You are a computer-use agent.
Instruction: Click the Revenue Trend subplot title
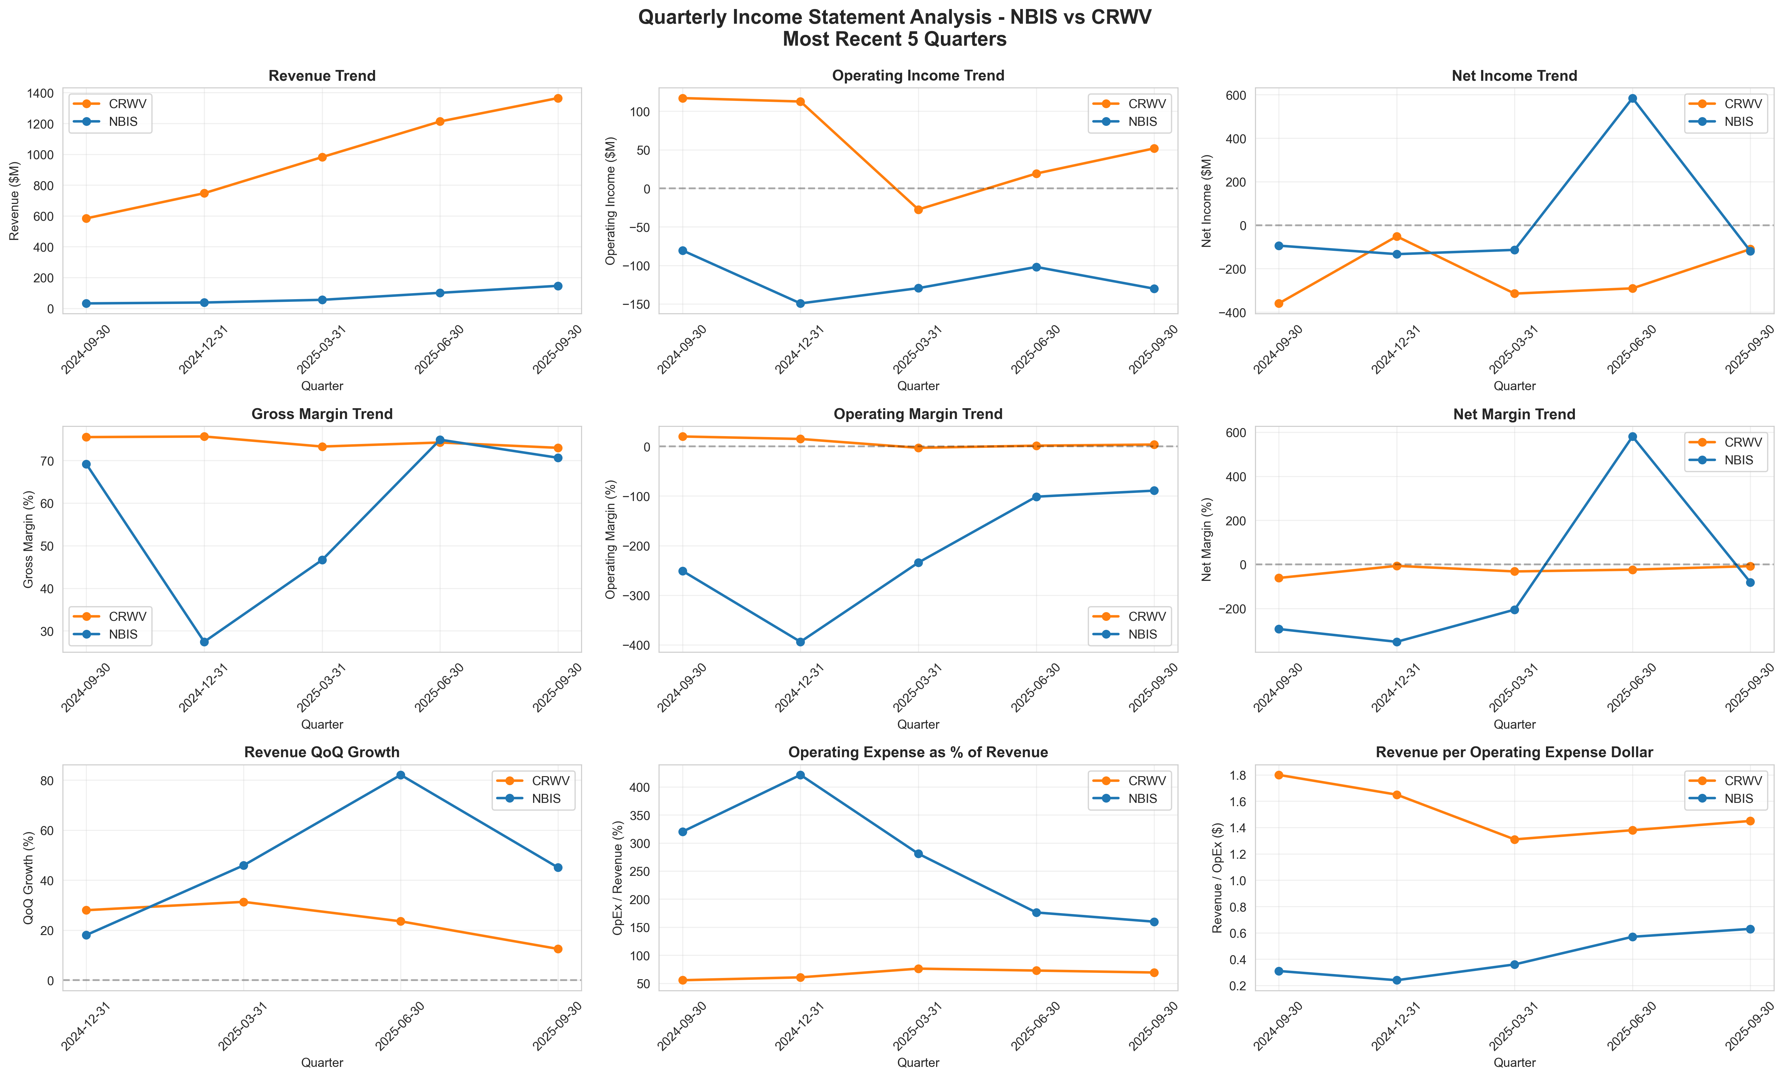tap(322, 76)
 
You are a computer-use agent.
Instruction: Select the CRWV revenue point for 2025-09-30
tap(557, 99)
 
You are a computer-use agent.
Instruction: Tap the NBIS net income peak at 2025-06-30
tap(1632, 99)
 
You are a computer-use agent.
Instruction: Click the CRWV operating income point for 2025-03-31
tap(918, 210)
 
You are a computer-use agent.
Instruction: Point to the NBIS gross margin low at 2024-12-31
tap(205, 642)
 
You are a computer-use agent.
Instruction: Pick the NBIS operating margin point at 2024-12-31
tap(800, 642)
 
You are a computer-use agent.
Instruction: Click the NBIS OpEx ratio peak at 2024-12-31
tap(800, 775)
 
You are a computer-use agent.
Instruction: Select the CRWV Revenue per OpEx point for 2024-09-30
tap(1279, 775)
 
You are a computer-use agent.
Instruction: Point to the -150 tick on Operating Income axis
tap(633, 305)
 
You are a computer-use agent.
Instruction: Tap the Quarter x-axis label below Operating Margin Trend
tap(918, 724)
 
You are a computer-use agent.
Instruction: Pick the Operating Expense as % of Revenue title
tap(918, 752)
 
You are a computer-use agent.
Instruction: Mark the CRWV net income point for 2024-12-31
tap(1397, 236)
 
